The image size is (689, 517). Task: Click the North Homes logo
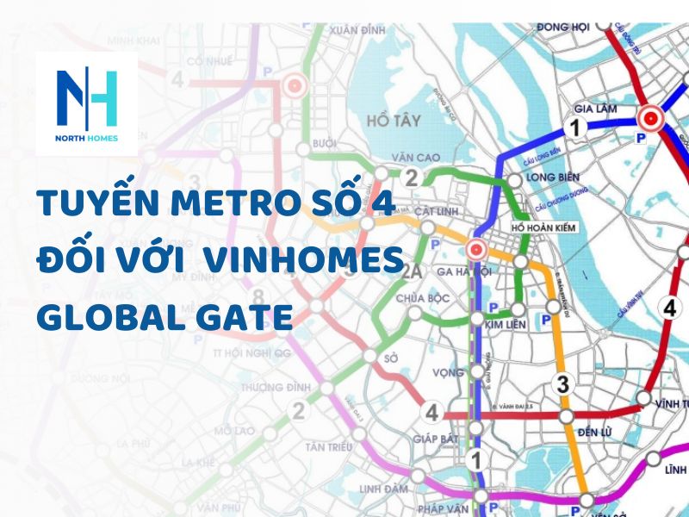click(x=86, y=103)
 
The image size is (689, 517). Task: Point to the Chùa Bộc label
click(x=423, y=298)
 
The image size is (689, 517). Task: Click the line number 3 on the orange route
click(x=563, y=385)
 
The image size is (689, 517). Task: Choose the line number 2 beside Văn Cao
click(x=412, y=178)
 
